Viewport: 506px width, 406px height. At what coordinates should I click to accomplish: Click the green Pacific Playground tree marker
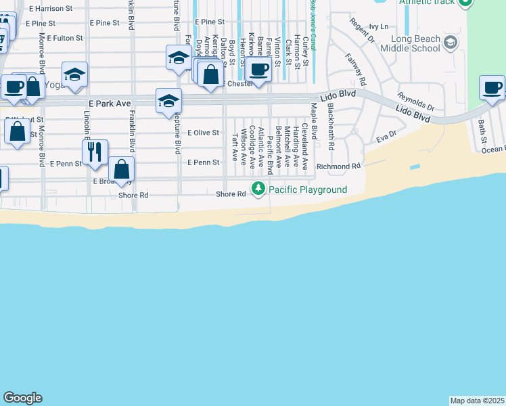(x=258, y=189)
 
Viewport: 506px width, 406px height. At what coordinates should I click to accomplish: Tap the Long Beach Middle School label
(x=410, y=44)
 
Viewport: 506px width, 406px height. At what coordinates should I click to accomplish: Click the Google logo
(x=22, y=398)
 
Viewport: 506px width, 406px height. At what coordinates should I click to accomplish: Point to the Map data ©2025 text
(x=477, y=401)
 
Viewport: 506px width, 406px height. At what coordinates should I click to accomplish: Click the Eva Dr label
(x=386, y=137)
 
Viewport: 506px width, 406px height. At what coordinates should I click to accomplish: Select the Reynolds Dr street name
(x=416, y=103)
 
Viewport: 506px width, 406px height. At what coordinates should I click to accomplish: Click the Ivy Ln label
(x=380, y=27)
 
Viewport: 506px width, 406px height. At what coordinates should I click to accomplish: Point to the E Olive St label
(x=203, y=133)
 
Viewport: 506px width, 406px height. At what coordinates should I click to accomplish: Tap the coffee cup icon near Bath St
(x=492, y=88)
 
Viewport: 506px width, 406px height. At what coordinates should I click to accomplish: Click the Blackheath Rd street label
(x=331, y=127)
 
